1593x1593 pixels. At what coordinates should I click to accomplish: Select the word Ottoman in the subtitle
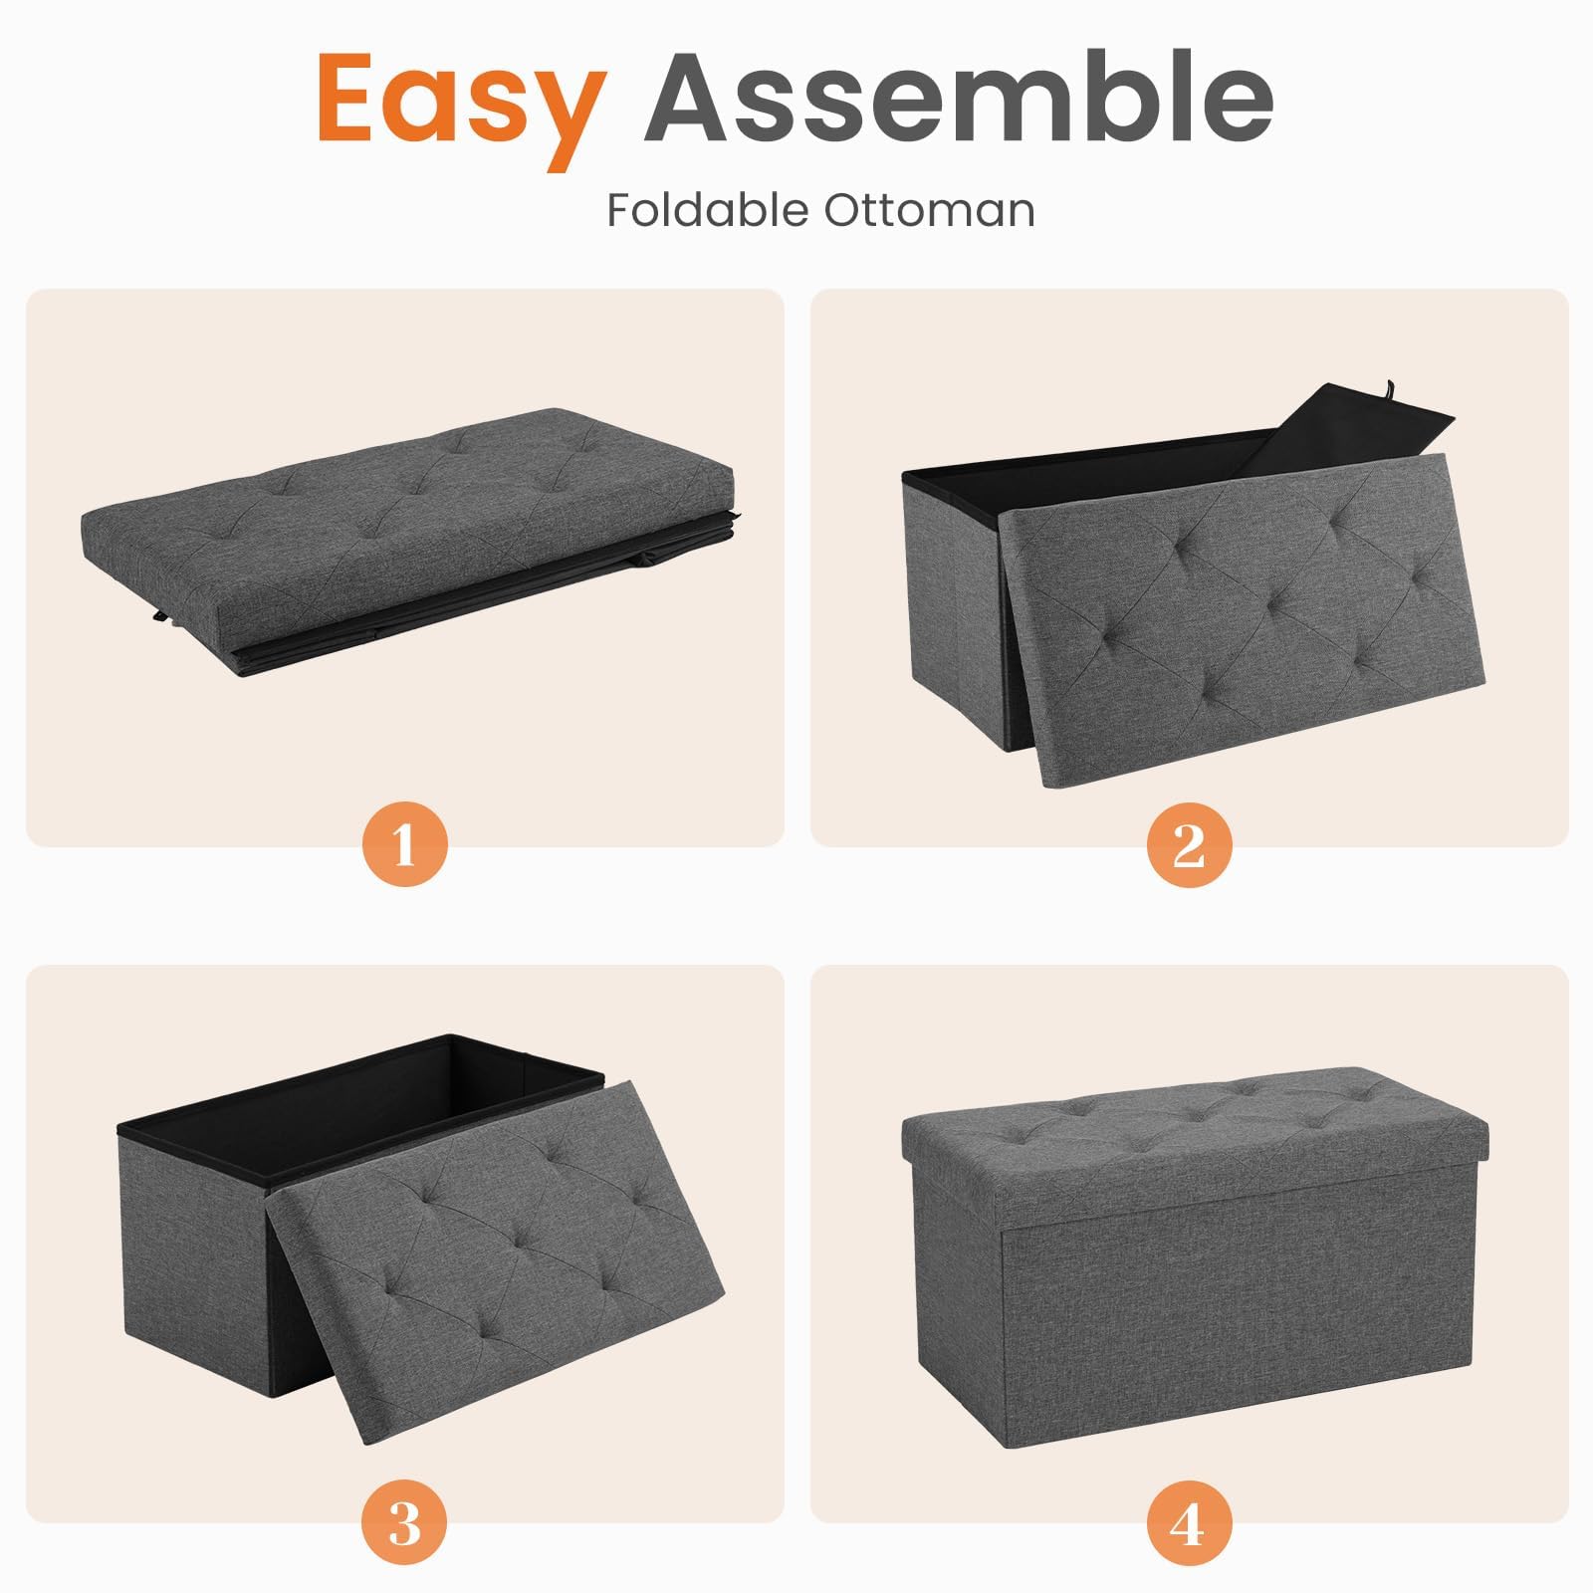click(929, 210)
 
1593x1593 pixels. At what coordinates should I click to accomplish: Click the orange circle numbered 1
click(404, 844)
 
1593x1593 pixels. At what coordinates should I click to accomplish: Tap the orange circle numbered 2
click(1189, 844)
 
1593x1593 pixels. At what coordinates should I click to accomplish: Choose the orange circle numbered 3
click(404, 1520)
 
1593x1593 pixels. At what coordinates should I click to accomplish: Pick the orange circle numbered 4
click(1189, 1520)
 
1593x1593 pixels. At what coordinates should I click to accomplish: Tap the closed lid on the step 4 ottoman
click(1195, 1129)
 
